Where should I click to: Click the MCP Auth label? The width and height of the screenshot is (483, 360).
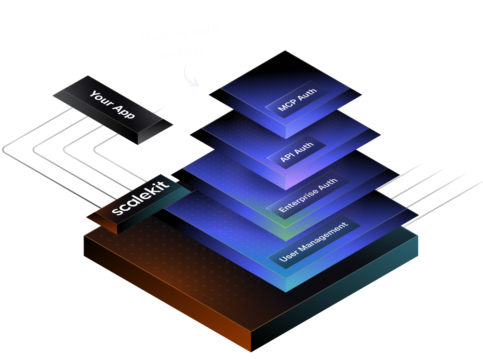pyautogui.click(x=297, y=99)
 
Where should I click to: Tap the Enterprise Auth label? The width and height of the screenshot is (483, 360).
pyautogui.click(x=307, y=195)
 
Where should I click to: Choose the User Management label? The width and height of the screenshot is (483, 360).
pyautogui.click(x=313, y=241)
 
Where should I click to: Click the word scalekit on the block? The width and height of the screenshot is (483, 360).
pyautogui.click(x=140, y=198)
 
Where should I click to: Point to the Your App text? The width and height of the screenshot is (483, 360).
pyautogui.click(x=112, y=105)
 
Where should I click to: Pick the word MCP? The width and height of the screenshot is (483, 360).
pyautogui.click(x=287, y=105)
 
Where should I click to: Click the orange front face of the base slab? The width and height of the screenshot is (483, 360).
pyautogui.click(x=168, y=296)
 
